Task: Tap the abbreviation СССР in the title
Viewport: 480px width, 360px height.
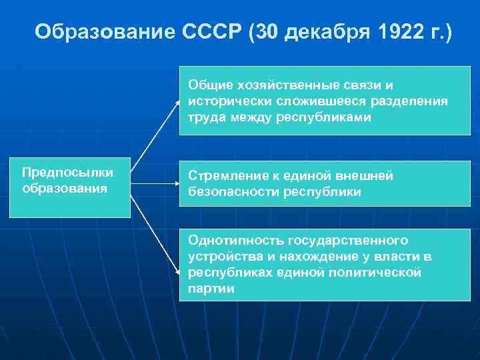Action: tap(211, 32)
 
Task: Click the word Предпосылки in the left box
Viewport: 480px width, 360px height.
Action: tap(67, 173)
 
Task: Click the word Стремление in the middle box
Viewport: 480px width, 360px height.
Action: tap(224, 176)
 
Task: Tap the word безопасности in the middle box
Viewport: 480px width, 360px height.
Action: tap(227, 192)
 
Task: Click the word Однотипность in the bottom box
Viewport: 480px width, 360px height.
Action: tap(229, 240)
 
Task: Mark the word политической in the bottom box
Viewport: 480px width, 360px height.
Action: tap(377, 273)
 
